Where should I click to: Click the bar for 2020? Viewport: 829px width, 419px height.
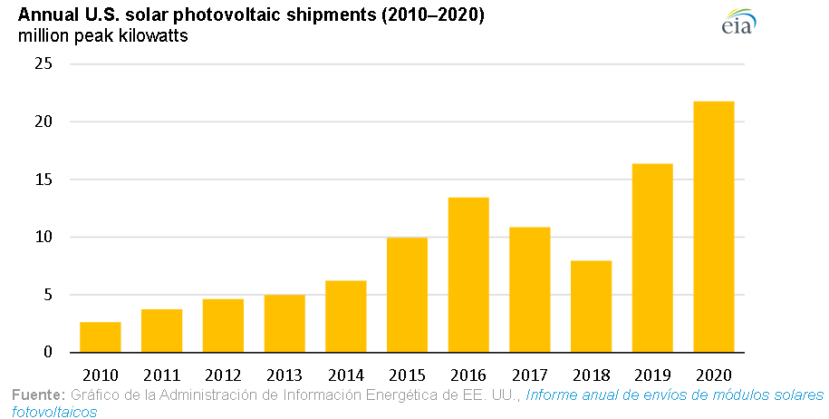(713, 227)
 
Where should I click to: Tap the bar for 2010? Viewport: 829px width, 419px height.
(100, 337)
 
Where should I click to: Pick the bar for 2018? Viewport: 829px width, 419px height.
(591, 307)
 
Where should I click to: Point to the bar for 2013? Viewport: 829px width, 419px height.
(284, 324)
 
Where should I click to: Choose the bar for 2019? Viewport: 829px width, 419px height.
(652, 258)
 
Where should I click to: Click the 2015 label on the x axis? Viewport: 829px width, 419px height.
(407, 374)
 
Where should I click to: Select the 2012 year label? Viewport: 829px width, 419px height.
(223, 374)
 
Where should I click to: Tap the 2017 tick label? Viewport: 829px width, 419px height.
(529, 374)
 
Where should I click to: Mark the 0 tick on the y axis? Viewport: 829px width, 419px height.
(49, 353)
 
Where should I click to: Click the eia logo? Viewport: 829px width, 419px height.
(739, 24)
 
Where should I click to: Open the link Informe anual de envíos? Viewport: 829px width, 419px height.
(674, 395)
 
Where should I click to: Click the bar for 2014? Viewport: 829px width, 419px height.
(345, 317)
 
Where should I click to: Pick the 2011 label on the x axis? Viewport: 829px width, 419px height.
(161, 374)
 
